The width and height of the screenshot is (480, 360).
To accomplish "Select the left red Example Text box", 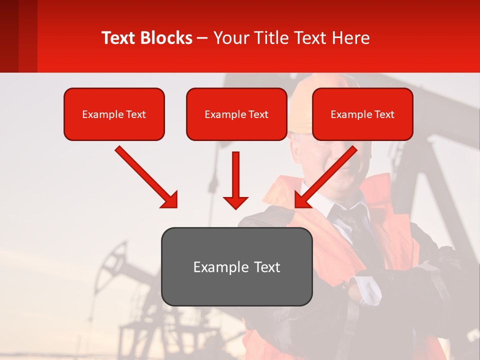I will click(114, 114).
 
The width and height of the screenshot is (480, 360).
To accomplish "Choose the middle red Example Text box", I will click(236, 114).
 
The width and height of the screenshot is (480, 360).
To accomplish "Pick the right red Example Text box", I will click(362, 114).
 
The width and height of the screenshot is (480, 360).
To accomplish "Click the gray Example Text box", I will click(236, 266).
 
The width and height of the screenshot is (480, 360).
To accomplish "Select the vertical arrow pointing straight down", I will click(235, 180).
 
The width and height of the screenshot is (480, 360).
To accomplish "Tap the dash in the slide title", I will click(202, 38).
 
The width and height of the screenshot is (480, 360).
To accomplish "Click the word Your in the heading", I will click(228, 38).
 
